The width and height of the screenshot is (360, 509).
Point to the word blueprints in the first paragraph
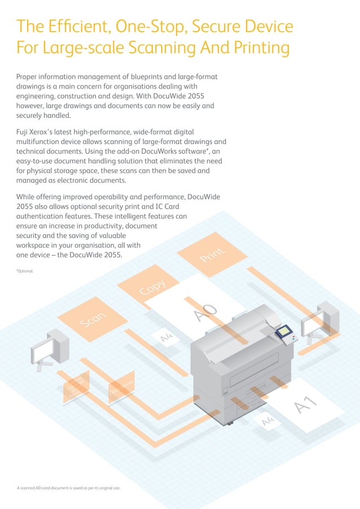click(x=156, y=76)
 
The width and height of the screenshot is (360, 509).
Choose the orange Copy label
click(x=153, y=287)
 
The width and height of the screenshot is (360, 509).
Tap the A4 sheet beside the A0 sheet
click(x=166, y=337)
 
